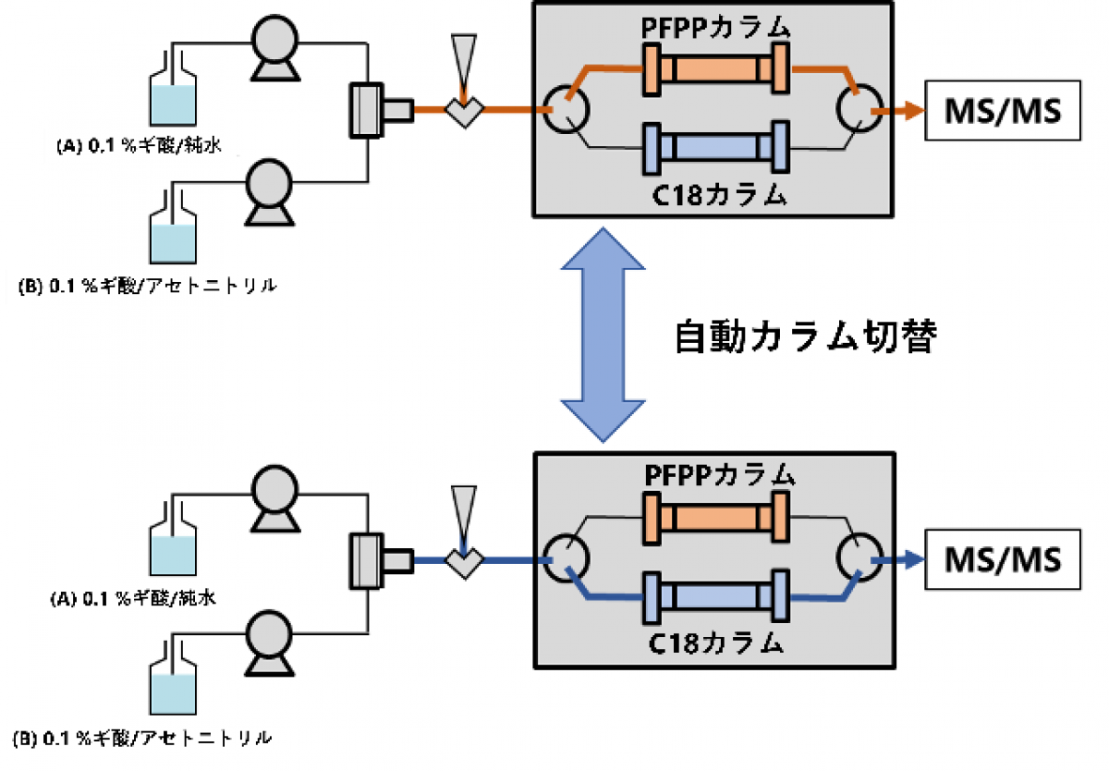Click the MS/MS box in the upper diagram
click(1003, 110)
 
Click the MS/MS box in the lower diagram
click(1003, 559)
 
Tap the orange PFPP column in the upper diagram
click(716, 68)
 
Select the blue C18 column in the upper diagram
click(716, 147)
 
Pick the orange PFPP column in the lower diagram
click(716, 518)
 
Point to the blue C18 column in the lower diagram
click(716, 596)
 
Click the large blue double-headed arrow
click(603, 335)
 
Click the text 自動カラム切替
click(806, 337)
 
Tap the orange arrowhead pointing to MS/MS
click(912, 110)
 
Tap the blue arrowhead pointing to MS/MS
click(912, 560)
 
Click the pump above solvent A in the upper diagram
click(275, 48)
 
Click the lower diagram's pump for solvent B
click(269, 642)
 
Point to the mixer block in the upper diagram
click(381, 110)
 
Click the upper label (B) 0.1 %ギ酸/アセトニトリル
click(148, 287)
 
